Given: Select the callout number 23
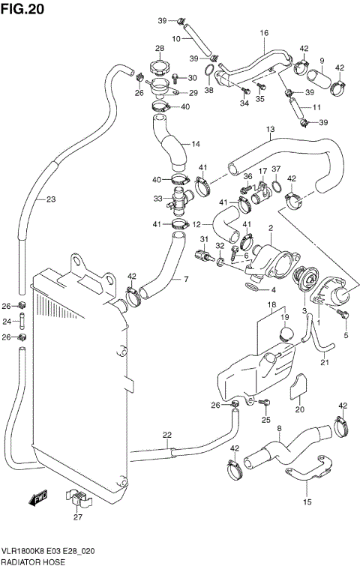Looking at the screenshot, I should [x=50, y=199].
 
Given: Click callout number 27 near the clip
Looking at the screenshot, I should [x=77, y=516].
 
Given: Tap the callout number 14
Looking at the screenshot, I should [x=195, y=144].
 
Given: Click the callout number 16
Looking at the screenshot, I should [x=264, y=33].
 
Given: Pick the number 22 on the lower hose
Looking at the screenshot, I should [x=166, y=435].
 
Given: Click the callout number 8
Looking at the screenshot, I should [x=278, y=429].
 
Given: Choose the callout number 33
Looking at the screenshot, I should [x=157, y=199].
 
